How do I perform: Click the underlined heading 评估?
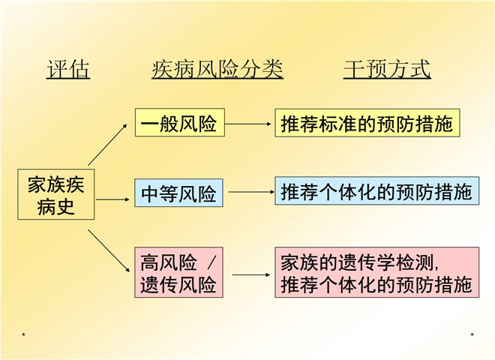[x=68, y=70]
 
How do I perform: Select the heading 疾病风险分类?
[x=217, y=70]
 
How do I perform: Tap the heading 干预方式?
[x=387, y=70]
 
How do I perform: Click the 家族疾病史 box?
[x=57, y=195]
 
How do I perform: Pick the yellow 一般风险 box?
[x=179, y=123]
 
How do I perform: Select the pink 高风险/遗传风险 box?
[x=179, y=273]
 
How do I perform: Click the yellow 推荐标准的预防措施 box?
[x=367, y=123]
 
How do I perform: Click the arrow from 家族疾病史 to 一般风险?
[x=108, y=142]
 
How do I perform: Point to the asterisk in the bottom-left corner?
[x=25, y=334]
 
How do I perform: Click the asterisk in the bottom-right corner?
[x=472, y=334]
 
